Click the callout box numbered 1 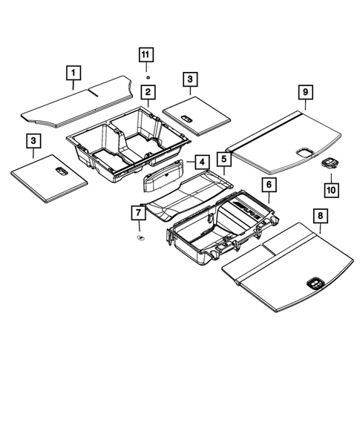pos(73,73)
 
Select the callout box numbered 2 pos(148,93)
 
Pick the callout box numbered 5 pos(223,158)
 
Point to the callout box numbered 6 pos(268,186)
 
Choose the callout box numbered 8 pos(320,217)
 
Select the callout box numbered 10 pos(331,190)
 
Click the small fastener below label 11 pos(147,76)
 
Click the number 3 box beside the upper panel pos(190,78)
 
